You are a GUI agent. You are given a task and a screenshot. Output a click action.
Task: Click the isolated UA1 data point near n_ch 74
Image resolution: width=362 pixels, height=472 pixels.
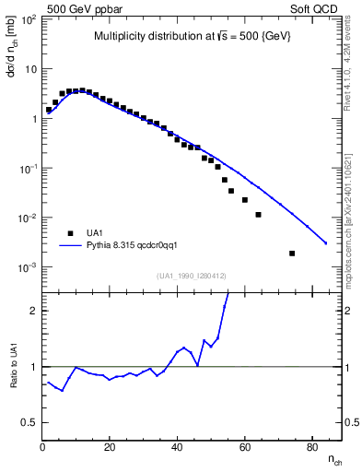coord(292,254)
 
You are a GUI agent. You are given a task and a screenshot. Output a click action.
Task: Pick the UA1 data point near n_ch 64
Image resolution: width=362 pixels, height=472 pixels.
coord(258,215)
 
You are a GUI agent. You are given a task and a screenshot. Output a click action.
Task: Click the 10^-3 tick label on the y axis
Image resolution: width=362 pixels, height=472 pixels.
coord(29,267)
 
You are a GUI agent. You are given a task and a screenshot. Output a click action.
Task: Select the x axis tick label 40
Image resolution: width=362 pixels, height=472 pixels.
coord(177,448)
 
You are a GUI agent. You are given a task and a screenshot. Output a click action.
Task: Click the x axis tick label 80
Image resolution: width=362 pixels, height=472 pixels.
coord(311,448)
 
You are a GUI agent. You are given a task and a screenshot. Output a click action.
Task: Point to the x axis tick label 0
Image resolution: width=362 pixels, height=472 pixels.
coord(42,448)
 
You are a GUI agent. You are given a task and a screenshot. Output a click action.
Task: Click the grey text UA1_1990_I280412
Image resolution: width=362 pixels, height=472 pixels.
coord(192,276)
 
